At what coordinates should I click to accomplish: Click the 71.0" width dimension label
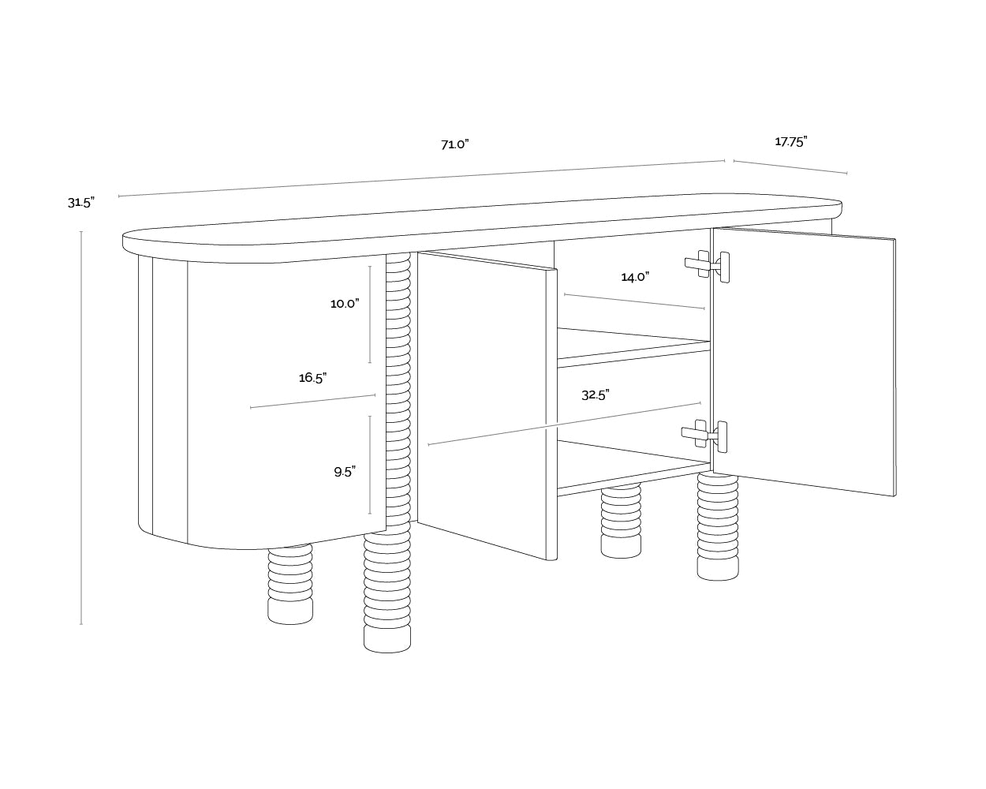click(x=455, y=144)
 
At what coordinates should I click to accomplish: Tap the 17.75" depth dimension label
click(x=791, y=142)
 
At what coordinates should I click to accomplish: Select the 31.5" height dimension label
click(x=81, y=202)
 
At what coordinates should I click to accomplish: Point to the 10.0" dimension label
click(x=345, y=304)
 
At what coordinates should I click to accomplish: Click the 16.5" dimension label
click(x=312, y=378)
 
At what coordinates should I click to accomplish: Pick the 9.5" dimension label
click(x=345, y=472)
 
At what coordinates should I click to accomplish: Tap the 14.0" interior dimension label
click(x=635, y=277)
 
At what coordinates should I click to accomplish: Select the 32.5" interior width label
click(x=596, y=394)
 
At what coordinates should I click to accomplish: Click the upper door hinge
click(x=707, y=265)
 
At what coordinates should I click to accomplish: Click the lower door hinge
click(x=704, y=435)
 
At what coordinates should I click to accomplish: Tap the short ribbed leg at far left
click(x=290, y=584)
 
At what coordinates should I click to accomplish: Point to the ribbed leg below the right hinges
click(x=718, y=526)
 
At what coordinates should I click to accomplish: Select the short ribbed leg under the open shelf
click(x=621, y=522)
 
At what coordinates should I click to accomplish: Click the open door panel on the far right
click(x=804, y=361)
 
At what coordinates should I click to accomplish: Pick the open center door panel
click(x=487, y=406)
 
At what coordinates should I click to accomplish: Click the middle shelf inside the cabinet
click(x=633, y=347)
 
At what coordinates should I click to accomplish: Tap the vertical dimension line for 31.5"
click(x=81, y=428)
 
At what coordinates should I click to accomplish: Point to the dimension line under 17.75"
click(x=790, y=167)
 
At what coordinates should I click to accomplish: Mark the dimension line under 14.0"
click(x=634, y=301)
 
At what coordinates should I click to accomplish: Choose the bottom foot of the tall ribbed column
click(x=387, y=639)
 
